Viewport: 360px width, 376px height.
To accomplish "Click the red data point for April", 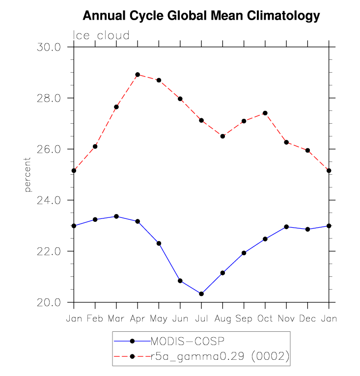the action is (x=138, y=75).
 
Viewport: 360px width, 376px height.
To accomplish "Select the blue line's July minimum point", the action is (x=201, y=294).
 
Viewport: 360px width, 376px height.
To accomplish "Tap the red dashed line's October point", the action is (x=265, y=113).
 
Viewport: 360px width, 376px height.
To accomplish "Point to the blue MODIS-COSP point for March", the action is (x=116, y=216).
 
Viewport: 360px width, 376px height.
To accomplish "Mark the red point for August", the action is (x=222, y=136).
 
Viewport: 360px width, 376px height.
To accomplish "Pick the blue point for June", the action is (x=180, y=281).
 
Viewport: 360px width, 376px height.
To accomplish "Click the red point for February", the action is (x=95, y=146).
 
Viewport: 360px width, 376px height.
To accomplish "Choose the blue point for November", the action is (x=286, y=227).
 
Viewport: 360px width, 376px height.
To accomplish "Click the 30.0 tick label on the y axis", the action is (x=49, y=47).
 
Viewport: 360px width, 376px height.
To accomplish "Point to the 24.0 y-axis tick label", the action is (x=49, y=200).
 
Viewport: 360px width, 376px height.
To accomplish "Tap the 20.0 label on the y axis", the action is (x=49, y=303).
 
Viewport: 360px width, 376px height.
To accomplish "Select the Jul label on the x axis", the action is (x=201, y=319).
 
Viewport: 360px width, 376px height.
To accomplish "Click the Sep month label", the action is (x=244, y=319).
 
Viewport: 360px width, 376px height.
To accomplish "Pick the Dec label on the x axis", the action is (x=307, y=319).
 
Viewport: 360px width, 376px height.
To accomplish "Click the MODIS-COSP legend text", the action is (x=188, y=341).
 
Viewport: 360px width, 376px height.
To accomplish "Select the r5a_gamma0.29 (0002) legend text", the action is (x=220, y=356).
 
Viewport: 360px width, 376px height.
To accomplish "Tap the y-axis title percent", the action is (x=28, y=175).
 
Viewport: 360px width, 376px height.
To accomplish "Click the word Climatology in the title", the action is (x=283, y=16).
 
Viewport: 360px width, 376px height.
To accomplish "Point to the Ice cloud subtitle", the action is (x=101, y=35).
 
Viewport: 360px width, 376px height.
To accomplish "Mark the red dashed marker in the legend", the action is (x=132, y=356).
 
